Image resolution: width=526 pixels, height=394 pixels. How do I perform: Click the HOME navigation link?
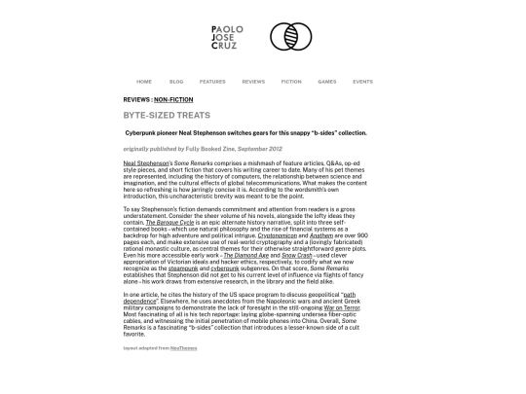click(x=144, y=82)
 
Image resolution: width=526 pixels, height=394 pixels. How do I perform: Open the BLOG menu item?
click(x=176, y=82)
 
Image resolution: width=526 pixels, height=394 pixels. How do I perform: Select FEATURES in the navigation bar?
click(x=212, y=82)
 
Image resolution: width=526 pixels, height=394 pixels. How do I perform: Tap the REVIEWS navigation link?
click(x=253, y=82)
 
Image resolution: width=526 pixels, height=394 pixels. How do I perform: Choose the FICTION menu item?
click(x=291, y=82)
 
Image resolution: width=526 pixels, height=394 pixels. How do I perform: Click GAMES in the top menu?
click(x=327, y=82)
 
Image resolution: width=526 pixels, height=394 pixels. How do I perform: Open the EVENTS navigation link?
click(x=362, y=82)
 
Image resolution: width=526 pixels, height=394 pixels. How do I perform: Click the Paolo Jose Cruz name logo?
click(x=227, y=37)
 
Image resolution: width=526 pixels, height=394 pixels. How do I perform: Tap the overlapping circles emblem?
click(x=290, y=37)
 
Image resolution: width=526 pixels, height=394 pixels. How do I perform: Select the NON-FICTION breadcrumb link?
click(x=173, y=99)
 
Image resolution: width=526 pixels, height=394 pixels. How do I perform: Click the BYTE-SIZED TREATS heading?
click(x=167, y=116)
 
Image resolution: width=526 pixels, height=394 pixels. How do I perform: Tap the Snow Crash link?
click(x=297, y=255)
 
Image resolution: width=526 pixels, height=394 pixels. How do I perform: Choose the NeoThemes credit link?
click(x=183, y=347)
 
